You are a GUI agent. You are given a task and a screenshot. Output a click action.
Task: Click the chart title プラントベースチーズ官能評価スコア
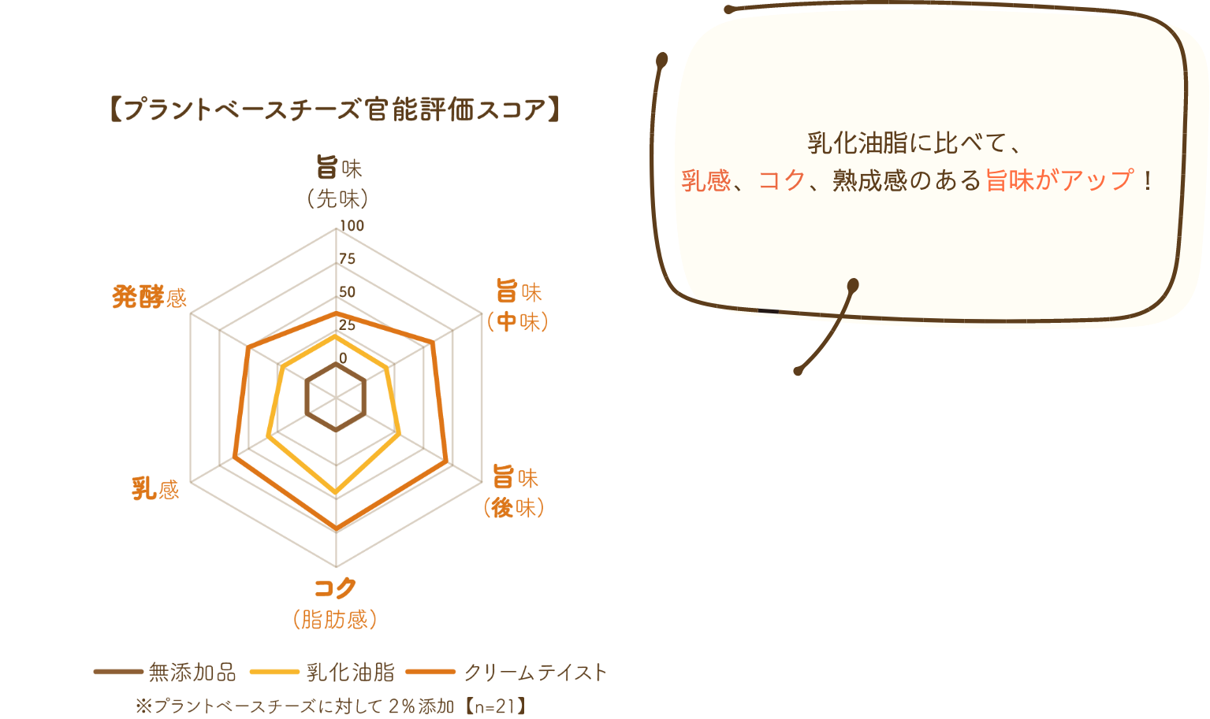(x=335, y=109)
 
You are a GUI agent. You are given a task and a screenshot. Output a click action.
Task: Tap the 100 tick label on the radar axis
(x=352, y=226)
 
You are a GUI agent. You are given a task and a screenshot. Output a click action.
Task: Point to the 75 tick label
(x=348, y=259)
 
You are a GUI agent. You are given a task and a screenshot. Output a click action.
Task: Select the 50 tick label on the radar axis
(x=348, y=292)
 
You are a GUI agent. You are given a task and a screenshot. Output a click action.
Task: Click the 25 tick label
(x=348, y=325)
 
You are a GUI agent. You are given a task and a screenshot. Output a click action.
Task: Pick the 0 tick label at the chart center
(x=343, y=358)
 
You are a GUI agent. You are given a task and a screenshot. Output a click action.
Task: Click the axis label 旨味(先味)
(x=338, y=183)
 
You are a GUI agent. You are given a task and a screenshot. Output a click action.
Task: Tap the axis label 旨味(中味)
(x=517, y=306)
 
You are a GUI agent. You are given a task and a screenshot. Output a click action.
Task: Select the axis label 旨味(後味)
(x=514, y=491)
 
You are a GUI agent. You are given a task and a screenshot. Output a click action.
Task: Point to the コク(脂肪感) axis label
(x=335, y=603)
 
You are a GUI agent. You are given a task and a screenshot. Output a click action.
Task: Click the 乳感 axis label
(x=155, y=489)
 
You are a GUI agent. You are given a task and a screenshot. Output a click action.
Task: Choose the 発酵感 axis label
(x=149, y=297)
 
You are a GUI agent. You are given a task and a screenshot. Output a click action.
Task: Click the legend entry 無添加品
(x=166, y=672)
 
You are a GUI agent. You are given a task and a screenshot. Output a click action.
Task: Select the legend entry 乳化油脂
(x=322, y=672)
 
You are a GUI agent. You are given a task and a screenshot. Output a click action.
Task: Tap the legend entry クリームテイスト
(x=507, y=672)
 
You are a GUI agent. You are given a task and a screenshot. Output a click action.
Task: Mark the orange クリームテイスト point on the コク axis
(x=336, y=528)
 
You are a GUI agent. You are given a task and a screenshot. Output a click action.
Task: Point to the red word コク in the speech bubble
(x=781, y=180)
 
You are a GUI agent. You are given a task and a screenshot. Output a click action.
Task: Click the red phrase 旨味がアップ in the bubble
(x=1059, y=180)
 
